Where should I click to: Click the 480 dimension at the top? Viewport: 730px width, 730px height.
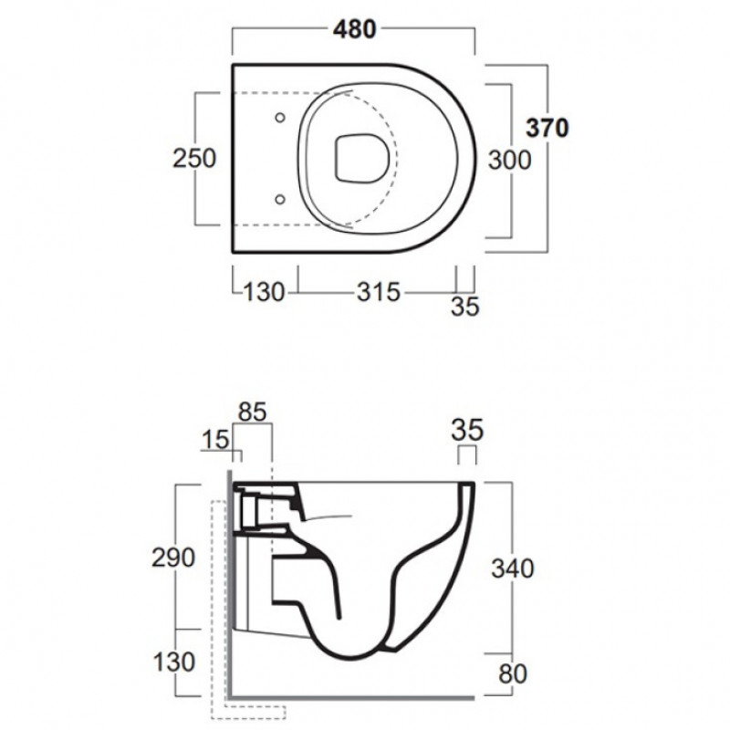pos(354,29)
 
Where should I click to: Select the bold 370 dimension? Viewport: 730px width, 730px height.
pos(547,128)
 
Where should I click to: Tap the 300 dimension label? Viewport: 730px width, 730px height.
pos(509,161)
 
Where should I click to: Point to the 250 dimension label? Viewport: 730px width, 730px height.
pos(194,158)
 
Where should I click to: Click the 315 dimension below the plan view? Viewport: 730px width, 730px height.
pos(379,292)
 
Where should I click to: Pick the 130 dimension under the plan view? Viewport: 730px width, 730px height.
pos(264,292)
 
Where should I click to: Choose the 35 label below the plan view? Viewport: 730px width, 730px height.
pos(464,307)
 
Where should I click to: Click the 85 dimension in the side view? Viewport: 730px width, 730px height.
pos(253,412)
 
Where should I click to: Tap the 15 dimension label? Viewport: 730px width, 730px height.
pos(215,440)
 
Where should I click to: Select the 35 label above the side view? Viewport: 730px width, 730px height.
pos(467,430)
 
